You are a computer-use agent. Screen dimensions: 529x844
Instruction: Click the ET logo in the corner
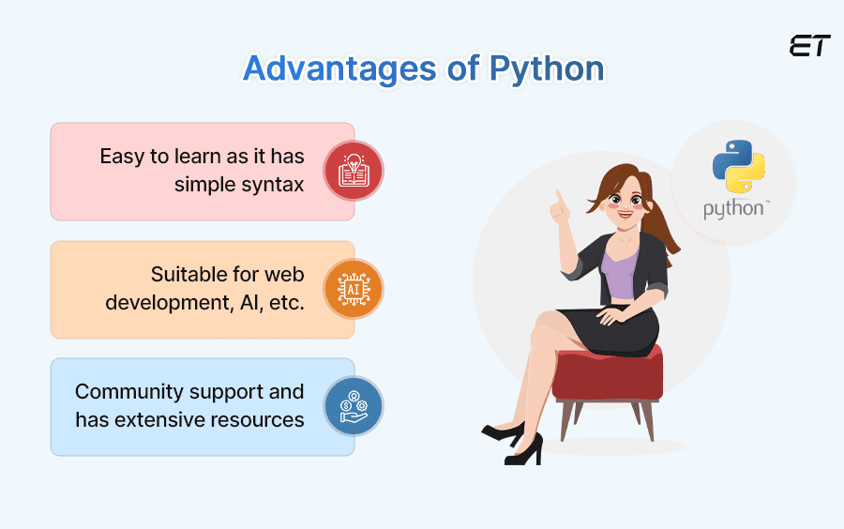coord(808,47)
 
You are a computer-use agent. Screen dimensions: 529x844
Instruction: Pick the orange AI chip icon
coord(354,289)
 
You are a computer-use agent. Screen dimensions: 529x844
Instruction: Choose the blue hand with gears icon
coord(354,406)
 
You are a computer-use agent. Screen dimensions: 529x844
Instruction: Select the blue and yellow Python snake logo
coord(738,167)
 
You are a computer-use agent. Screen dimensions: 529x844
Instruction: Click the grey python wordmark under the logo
coord(733,208)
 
